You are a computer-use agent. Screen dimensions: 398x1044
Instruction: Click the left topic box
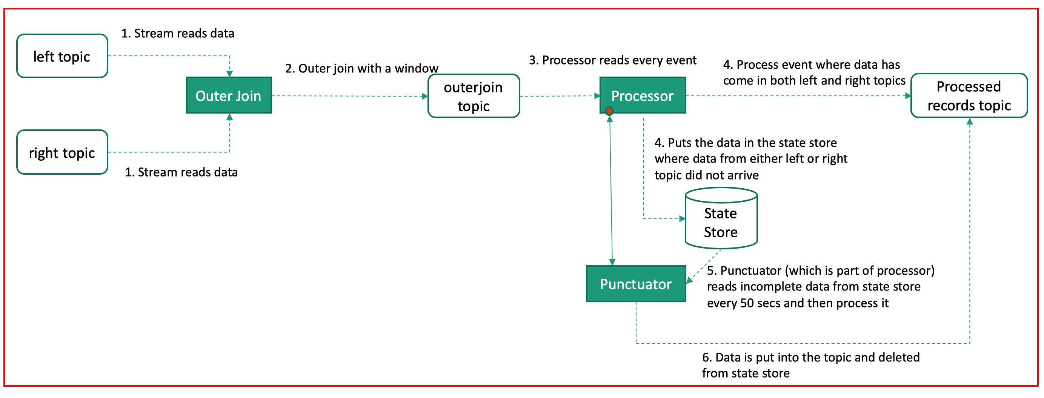[x=62, y=56]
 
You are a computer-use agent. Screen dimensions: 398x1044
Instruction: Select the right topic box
[x=62, y=152]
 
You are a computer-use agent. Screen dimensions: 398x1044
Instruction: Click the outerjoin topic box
[x=474, y=96]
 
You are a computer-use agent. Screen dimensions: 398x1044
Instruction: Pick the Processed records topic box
[x=969, y=96]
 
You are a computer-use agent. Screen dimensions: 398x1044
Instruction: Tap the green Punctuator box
[x=635, y=284]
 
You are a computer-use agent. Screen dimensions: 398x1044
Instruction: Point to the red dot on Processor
[x=609, y=111]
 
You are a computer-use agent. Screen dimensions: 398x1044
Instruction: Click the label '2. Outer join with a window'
[x=361, y=68]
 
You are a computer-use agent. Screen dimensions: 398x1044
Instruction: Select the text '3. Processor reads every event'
[x=612, y=60]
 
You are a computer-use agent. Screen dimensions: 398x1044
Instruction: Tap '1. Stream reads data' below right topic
[x=181, y=172]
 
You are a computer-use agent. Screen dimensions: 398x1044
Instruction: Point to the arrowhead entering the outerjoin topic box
[x=425, y=96]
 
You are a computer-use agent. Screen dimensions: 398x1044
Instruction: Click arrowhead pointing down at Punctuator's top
[x=612, y=262]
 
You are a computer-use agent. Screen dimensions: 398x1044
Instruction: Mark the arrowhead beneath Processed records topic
[x=969, y=121]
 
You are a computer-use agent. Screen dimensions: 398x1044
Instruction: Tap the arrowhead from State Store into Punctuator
[x=689, y=280]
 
